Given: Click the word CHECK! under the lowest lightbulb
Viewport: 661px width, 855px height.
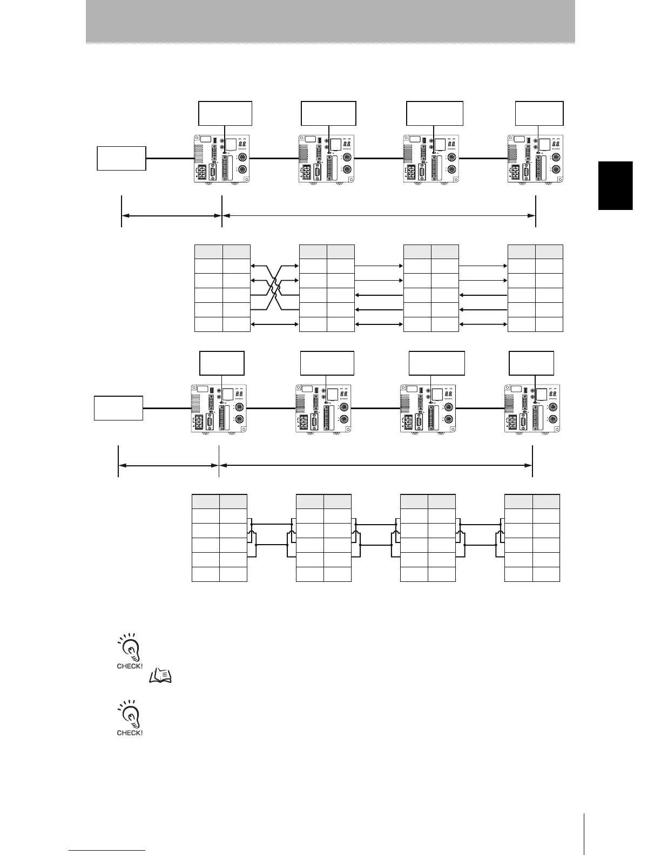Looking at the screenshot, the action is click(130, 733).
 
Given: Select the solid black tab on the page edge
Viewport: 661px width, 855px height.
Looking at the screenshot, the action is click(615, 185).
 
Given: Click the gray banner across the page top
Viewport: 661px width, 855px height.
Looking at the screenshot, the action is click(330, 21).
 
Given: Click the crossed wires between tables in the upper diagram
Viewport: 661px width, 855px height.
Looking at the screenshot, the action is click(275, 287).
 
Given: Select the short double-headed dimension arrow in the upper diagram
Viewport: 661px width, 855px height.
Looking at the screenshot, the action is click(172, 216).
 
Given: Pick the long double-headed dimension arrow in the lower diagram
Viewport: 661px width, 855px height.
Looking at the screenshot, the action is click(375, 465).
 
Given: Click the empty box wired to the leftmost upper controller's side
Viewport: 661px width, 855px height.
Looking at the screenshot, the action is click(122, 158).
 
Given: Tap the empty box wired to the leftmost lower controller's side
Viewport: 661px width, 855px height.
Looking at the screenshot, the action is click(118, 408).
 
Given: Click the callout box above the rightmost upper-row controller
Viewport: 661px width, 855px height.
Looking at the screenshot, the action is click(539, 113).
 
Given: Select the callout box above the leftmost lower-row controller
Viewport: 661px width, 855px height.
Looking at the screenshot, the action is click(221, 363).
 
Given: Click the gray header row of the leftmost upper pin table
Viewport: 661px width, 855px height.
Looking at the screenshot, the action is click(222, 252).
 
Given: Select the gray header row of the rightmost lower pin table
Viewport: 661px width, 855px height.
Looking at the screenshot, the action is click(532, 501).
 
